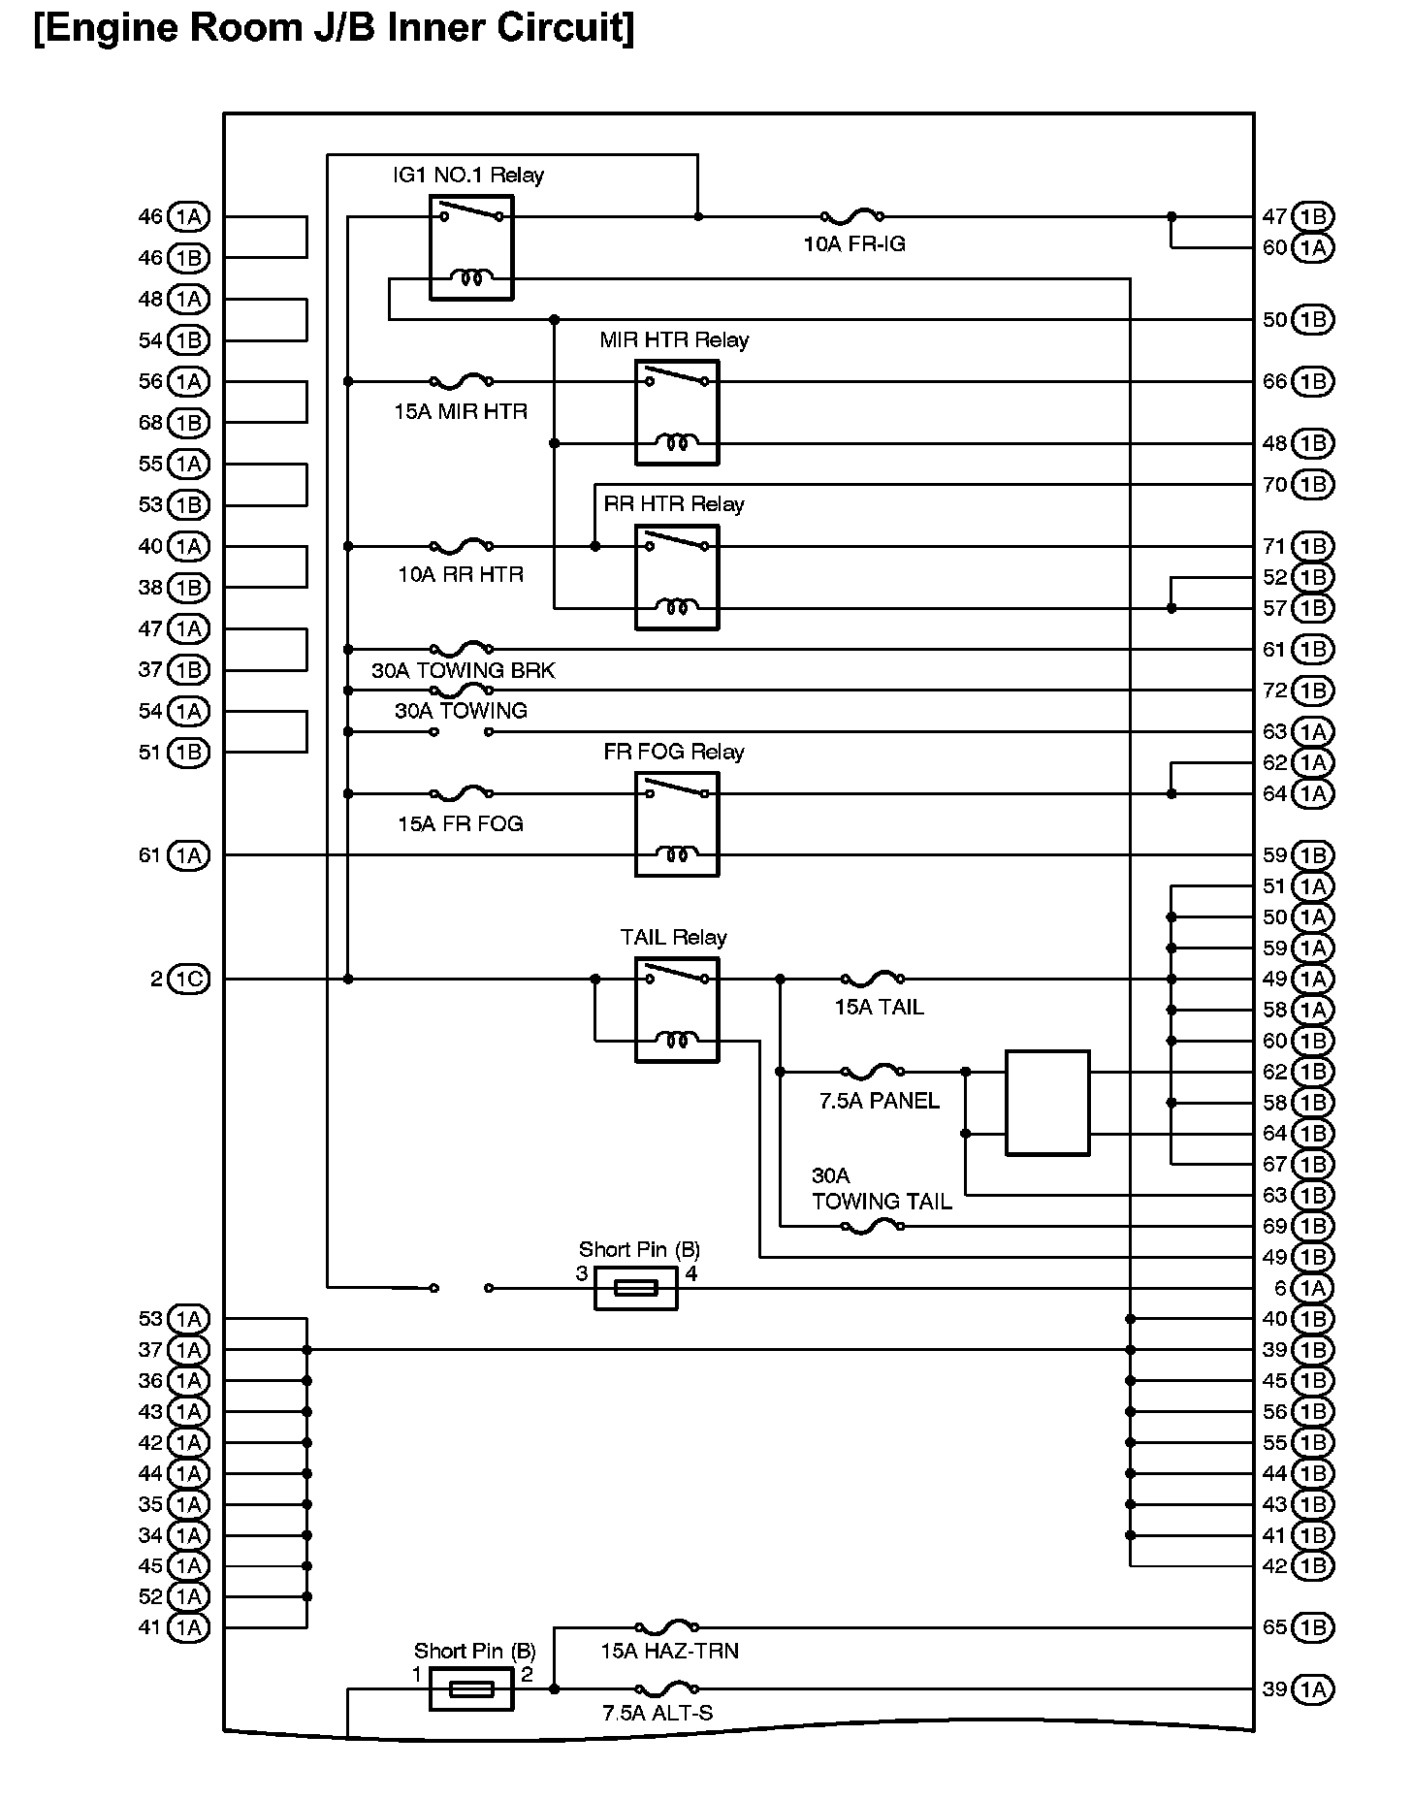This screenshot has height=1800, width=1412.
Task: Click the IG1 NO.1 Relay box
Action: (x=471, y=247)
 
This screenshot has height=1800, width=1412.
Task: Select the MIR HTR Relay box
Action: (x=677, y=412)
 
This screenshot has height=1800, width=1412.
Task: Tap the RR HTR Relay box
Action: (x=677, y=577)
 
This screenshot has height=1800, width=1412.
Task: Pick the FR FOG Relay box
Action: (x=677, y=824)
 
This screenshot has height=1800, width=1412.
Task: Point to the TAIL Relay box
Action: (x=677, y=1010)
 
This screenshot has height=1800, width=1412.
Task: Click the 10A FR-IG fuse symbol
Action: (x=852, y=216)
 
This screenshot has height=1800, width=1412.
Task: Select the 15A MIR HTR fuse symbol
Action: (x=461, y=381)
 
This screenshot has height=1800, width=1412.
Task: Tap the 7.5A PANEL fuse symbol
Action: (x=873, y=1072)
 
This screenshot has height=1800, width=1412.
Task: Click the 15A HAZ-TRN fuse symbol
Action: (x=666, y=1626)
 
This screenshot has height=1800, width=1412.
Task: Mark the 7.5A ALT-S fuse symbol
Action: (x=666, y=1688)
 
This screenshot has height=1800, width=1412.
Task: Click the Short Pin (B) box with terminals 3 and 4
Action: (x=635, y=1288)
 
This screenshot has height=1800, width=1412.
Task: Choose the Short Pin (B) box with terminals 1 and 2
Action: (x=471, y=1688)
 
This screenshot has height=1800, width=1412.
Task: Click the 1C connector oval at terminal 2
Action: (x=189, y=980)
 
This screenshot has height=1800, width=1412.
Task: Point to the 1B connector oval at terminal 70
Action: (x=1313, y=484)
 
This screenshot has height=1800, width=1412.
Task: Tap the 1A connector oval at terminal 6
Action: (x=1313, y=1288)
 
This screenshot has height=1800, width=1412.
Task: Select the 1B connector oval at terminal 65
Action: (x=1313, y=1626)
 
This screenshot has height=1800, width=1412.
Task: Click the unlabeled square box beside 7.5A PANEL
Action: (x=1047, y=1103)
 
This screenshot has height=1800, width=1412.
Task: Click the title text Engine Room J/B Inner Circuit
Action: (x=335, y=28)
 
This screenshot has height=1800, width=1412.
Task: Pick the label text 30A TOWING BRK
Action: (x=464, y=670)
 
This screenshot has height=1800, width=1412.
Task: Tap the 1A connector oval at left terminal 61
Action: (x=189, y=855)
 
